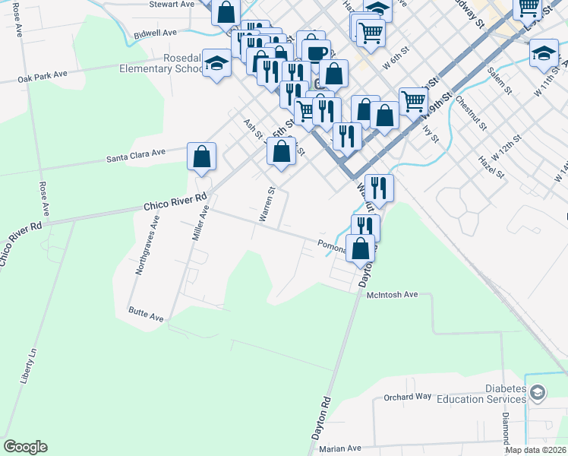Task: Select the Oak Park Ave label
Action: pos(43,78)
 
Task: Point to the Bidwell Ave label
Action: pos(155,33)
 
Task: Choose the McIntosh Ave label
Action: pos(393,294)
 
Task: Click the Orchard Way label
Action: pos(407,397)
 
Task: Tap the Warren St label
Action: pos(267,204)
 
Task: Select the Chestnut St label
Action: pos(476,111)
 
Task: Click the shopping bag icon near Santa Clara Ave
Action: pos(202,157)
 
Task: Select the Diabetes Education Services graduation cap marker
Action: pos(538,393)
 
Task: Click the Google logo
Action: pos(25,447)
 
